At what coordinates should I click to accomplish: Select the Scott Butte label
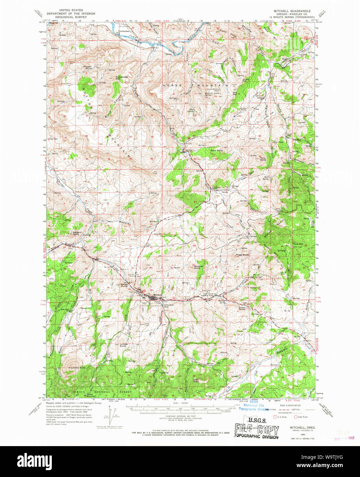[217, 150]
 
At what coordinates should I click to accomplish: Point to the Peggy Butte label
[242, 255]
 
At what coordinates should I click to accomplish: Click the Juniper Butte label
[123, 345]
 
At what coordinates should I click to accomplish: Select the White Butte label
[79, 368]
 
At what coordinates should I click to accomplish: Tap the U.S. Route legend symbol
[275, 417]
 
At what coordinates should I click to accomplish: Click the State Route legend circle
[295, 417]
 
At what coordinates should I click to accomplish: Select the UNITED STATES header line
[70, 11]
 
